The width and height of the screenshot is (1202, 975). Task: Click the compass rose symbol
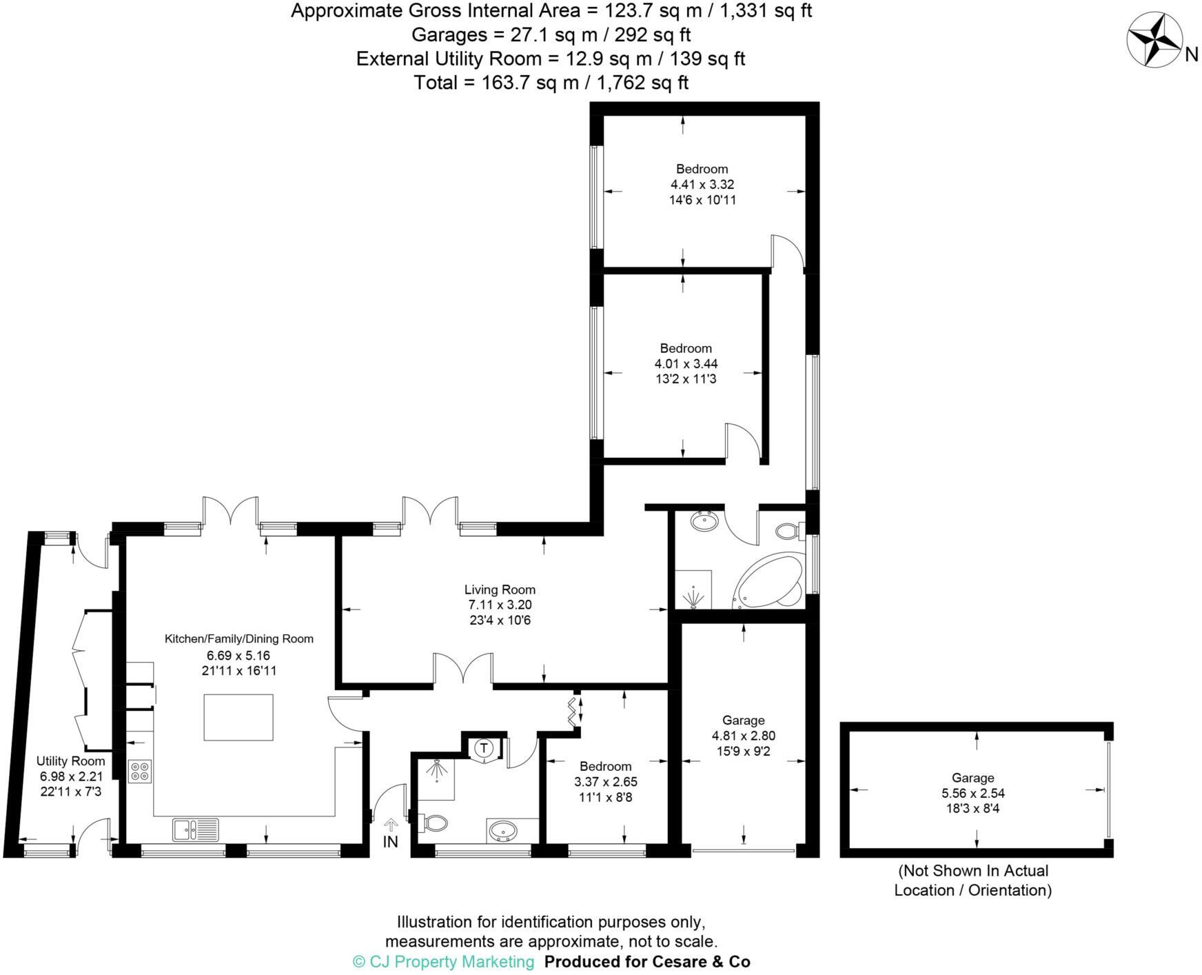(1154, 41)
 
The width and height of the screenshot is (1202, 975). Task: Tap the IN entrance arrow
(391, 824)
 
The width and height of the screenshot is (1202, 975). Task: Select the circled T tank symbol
(484, 748)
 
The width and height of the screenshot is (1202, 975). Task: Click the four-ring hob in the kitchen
(140, 770)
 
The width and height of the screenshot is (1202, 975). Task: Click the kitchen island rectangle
(238, 717)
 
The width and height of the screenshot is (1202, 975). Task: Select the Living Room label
(500, 590)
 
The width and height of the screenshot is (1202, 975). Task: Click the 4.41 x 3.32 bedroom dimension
(702, 185)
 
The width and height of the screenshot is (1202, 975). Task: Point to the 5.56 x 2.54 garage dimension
(972, 794)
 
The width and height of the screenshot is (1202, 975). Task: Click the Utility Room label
(70, 761)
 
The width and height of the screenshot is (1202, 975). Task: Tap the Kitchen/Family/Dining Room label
(238, 639)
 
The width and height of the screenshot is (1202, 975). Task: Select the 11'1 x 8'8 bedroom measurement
(605, 798)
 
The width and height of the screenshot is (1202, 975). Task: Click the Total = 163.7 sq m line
(551, 83)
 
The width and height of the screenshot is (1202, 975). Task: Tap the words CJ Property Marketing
(451, 962)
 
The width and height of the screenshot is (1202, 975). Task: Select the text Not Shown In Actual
(972, 871)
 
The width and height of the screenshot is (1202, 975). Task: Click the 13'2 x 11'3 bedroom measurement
(685, 379)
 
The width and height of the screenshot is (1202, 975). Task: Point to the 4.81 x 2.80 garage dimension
(743, 736)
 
